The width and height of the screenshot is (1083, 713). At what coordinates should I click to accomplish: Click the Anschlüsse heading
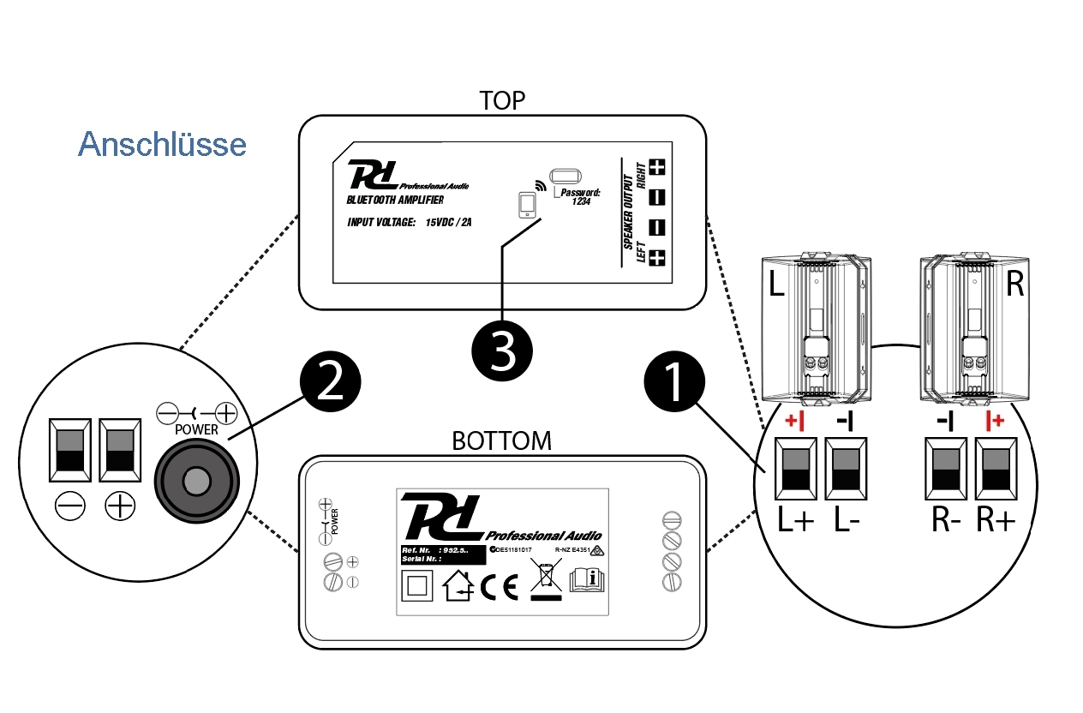point(162,144)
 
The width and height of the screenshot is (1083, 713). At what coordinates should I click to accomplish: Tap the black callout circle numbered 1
point(673,382)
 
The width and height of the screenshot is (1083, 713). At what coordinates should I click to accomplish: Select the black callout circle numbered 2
point(330,382)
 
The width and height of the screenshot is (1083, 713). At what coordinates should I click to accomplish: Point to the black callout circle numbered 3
point(502,351)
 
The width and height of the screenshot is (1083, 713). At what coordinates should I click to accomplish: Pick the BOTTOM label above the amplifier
point(501,440)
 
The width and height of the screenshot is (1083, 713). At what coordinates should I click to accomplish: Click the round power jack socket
point(196,480)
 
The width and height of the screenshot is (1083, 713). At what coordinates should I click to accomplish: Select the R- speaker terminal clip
point(945,468)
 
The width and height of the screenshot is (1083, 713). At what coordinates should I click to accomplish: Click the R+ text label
point(996,521)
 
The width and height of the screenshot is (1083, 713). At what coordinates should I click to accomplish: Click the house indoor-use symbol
point(458,587)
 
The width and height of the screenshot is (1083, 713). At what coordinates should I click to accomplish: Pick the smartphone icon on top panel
point(527,207)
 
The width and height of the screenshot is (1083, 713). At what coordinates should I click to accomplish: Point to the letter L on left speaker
point(776,285)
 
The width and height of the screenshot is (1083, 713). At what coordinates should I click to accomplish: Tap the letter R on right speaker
point(1015,285)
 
